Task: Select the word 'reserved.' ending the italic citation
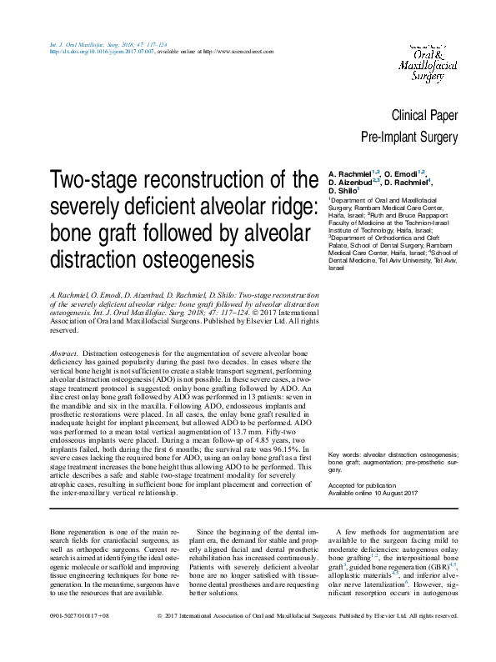tap(65, 330)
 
